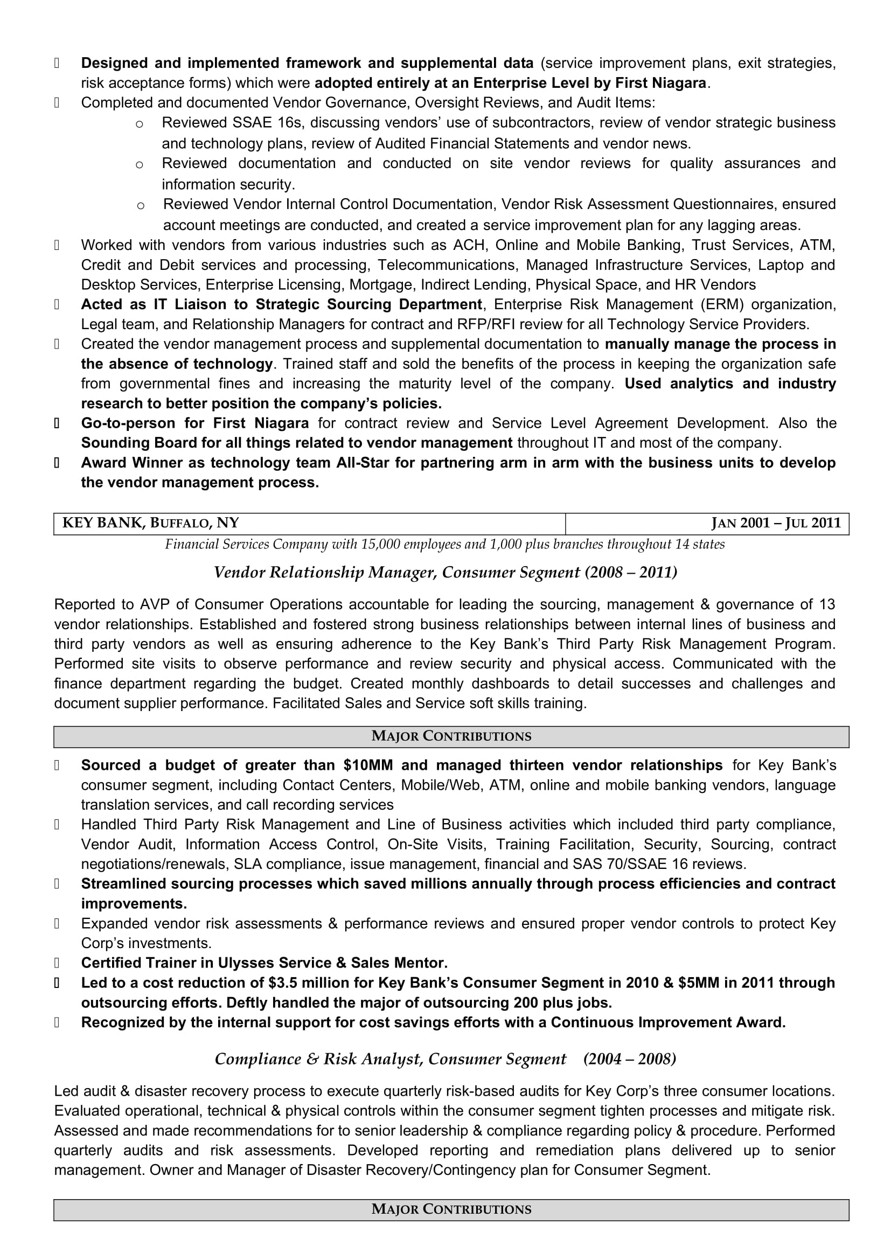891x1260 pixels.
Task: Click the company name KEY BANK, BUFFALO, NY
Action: click(x=151, y=523)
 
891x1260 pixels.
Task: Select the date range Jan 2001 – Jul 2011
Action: click(x=776, y=523)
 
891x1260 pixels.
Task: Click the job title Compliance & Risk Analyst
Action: click(x=318, y=1059)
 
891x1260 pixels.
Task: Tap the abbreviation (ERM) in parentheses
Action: click(x=721, y=304)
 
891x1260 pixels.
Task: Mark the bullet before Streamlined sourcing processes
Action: click(x=57, y=883)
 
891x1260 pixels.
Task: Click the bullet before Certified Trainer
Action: click(x=57, y=963)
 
